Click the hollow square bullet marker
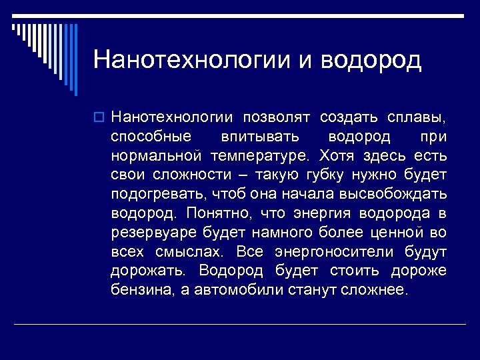(99, 118)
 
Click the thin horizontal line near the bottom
(240, 324)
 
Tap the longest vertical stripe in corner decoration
(75, 60)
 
